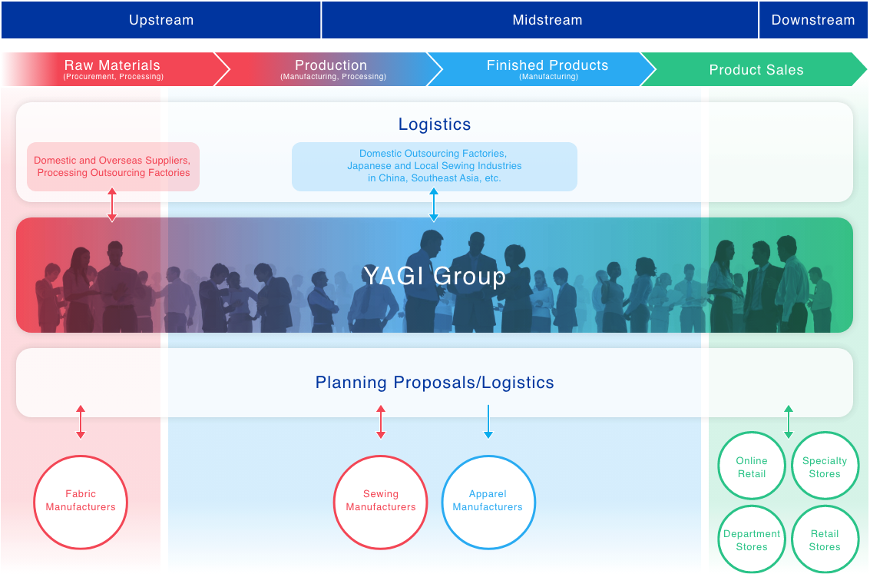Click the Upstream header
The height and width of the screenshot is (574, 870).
(161, 20)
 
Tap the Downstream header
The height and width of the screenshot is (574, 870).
(813, 20)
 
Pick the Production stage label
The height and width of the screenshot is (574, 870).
(332, 69)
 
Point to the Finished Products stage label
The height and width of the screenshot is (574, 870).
(547, 69)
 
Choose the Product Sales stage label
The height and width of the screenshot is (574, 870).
(756, 70)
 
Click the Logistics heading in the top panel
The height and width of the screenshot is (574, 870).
(435, 124)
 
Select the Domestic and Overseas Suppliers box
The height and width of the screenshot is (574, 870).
(113, 167)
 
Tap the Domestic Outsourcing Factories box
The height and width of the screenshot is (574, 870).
(435, 167)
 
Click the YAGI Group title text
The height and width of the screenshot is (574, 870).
(435, 276)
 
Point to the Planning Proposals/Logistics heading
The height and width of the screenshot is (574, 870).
(435, 383)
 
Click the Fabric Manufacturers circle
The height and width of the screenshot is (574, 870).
(81, 457)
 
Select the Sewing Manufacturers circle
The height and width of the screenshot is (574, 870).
(381, 457)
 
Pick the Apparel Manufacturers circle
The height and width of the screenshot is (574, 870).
(488, 457)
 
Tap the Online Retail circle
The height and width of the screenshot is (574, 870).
(752, 433)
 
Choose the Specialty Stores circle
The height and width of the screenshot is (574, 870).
(825, 433)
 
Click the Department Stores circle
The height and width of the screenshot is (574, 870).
(752, 506)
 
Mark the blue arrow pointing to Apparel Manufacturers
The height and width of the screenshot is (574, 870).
(488, 422)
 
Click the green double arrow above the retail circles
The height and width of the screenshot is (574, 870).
(789, 422)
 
